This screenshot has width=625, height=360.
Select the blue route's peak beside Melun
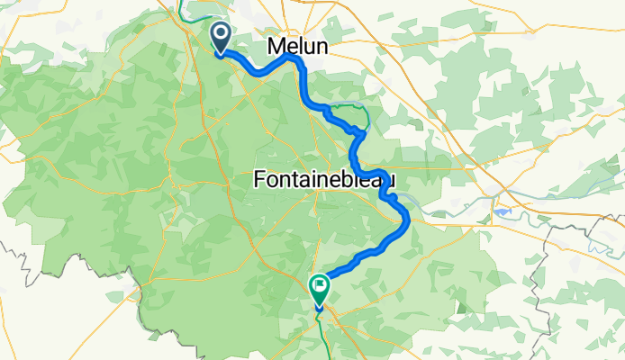click(290, 56)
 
